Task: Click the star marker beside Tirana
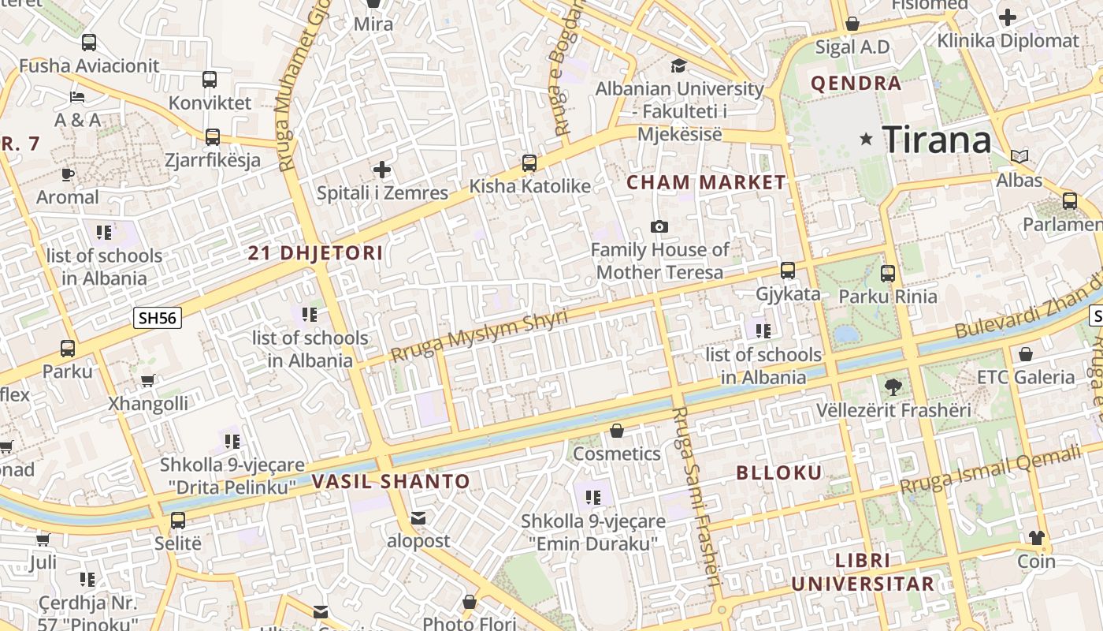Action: pyautogui.click(x=867, y=140)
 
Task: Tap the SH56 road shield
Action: pyautogui.click(x=158, y=318)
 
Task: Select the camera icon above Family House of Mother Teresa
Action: pyautogui.click(x=659, y=227)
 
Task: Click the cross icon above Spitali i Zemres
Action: pyautogui.click(x=382, y=170)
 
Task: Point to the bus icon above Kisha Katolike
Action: pyautogui.click(x=529, y=163)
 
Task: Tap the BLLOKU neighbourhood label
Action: pyautogui.click(x=778, y=473)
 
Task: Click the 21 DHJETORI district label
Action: pyautogui.click(x=315, y=253)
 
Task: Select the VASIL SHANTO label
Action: pyautogui.click(x=391, y=481)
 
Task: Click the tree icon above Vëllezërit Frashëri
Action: pyautogui.click(x=893, y=386)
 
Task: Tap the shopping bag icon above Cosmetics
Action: pyautogui.click(x=617, y=431)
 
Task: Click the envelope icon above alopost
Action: pyautogui.click(x=418, y=518)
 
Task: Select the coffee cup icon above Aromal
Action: pyautogui.click(x=68, y=174)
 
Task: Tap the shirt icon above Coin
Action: pyautogui.click(x=1036, y=538)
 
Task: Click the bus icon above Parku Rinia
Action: pyautogui.click(x=888, y=274)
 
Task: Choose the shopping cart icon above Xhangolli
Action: pyautogui.click(x=147, y=380)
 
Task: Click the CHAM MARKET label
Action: pyautogui.click(x=706, y=182)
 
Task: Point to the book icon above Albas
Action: pyautogui.click(x=1019, y=156)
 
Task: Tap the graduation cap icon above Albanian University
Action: pyautogui.click(x=678, y=65)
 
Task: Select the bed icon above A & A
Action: pyautogui.click(x=77, y=97)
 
